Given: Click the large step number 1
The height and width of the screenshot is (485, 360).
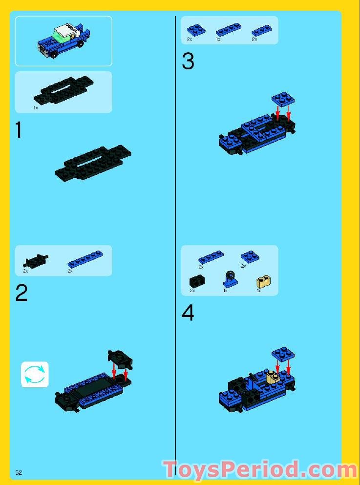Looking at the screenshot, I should click(19, 130).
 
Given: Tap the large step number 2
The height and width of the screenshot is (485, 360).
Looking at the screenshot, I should click(21, 293).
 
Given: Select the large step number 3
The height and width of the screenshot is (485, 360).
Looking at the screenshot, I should click(188, 62).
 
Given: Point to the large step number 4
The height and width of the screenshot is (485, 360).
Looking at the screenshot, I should click(188, 313).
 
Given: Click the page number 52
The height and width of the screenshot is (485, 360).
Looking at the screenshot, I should click(19, 472).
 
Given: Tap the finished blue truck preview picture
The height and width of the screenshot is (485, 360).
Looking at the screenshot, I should click(64, 41).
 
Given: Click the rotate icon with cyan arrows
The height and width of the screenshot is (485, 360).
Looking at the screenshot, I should click(35, 375).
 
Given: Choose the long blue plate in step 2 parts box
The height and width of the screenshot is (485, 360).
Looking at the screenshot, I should click(85, 259).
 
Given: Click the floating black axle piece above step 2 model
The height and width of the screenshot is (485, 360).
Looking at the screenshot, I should click(120, 359).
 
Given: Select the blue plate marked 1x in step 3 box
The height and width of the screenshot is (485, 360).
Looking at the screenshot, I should click(229, 30).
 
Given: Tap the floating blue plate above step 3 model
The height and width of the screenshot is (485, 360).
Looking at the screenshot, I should click(283, 99).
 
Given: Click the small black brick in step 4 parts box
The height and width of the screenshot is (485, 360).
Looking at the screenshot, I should click(196, 281).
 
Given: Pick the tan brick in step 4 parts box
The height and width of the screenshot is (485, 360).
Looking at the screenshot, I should click(264, 282).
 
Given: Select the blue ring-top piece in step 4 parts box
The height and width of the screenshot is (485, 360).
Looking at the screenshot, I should click(229, 279).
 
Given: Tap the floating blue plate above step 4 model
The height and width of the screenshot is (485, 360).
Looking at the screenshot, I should click(283, 354).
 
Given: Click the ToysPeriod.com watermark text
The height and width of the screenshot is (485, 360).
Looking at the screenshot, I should click(260, 470).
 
